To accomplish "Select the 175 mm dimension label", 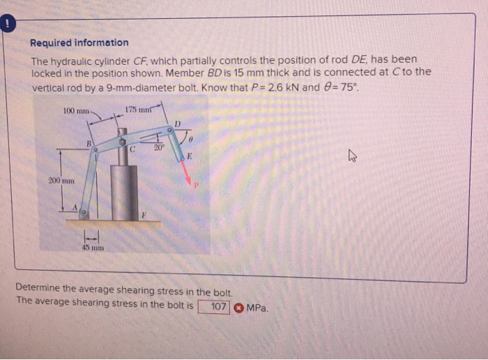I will pos(139,108).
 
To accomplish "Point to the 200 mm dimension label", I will pos(61,181).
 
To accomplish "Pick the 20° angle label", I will pos(159,148).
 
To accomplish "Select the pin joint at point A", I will pos(84,210).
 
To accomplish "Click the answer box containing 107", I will pos(215,306).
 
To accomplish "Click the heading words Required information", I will pos(79,43).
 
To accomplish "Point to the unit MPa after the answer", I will pos(257,307).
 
